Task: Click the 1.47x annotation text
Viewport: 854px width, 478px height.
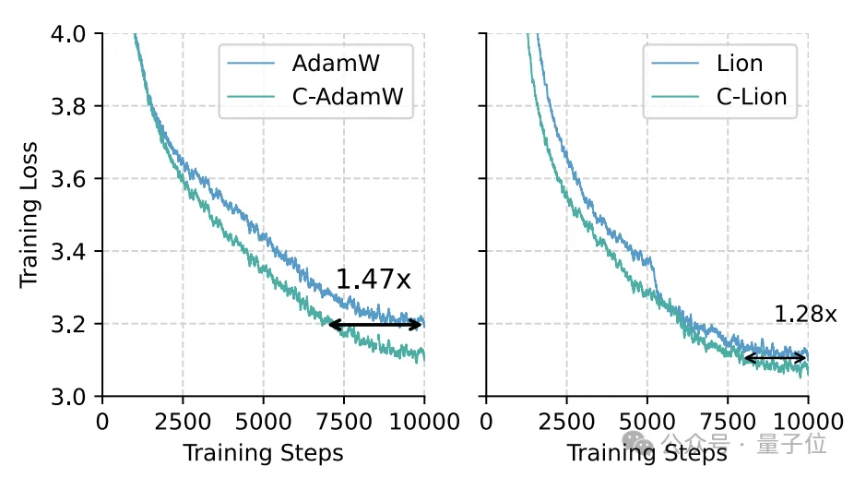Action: pyautogui.click(x=373, y=280)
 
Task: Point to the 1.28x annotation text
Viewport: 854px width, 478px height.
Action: pyautogui.click(x=805, y=315)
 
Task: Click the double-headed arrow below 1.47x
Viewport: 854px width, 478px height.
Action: pyautogui.click(x=375, y=325)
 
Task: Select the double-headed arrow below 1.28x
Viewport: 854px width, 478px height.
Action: pyautogui.click(x=775, y=358)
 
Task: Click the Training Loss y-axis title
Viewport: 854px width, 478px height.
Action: pyautogui.click(x=30, y=215)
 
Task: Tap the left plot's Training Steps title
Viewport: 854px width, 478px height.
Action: pyautogui.click(x=263, y=453)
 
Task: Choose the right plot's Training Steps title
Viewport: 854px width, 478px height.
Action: pyautogui.click(x=646, y=453)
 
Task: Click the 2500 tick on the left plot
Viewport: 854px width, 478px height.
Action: pyautogui.click(x=183, y=422)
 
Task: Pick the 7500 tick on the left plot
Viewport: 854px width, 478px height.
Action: pyautogui.click(x=344, y=422)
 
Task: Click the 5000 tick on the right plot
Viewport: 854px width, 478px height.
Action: pyautogui.click(x=647, y=422)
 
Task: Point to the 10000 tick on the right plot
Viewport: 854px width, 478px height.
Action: pyautogui.click(x=809, y=422)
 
